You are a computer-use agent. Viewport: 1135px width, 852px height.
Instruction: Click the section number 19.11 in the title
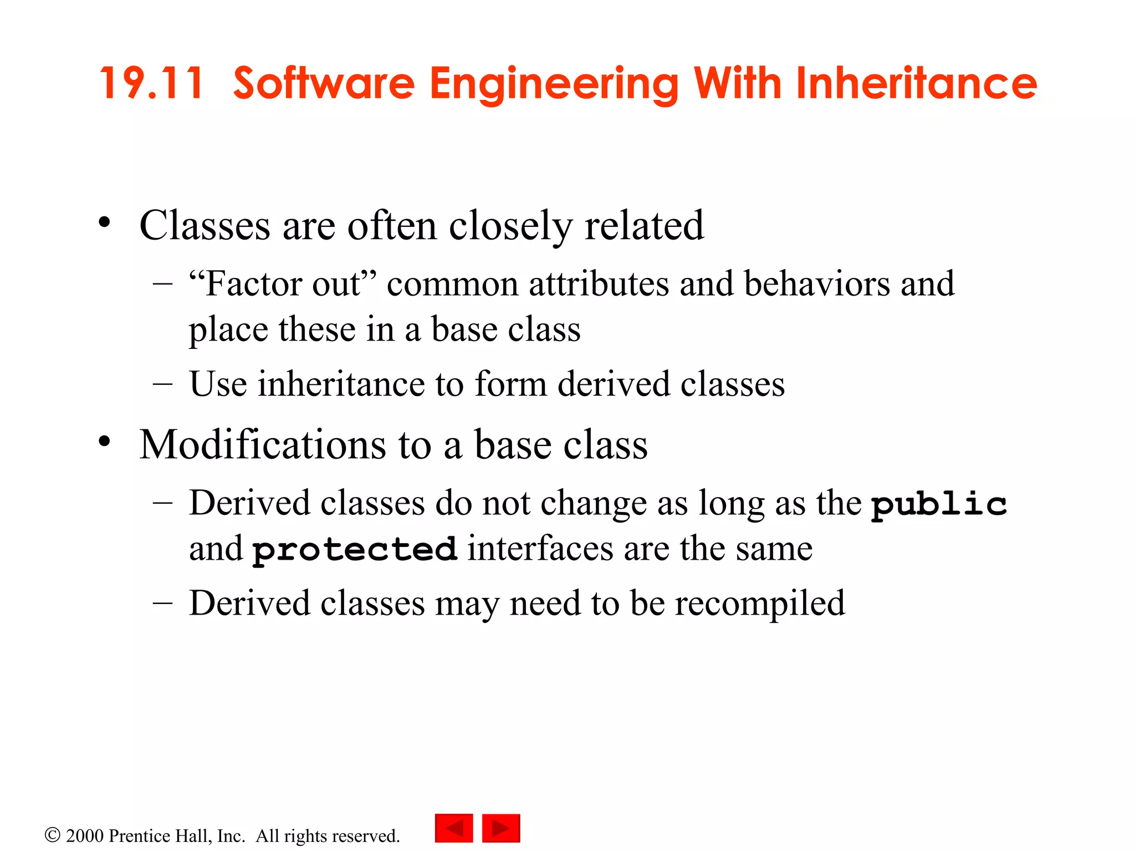point(151,83)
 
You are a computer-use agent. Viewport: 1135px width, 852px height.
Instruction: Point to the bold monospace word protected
point(355,550)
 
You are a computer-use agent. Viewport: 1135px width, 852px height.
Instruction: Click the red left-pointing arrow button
point(454,828)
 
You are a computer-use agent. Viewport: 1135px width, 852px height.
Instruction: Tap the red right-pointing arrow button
point(501,828)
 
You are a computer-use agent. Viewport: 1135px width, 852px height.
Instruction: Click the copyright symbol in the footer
point(52,835)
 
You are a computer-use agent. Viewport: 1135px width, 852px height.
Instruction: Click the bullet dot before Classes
point(104,223)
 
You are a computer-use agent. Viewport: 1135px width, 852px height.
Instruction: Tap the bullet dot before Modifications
point(104,442)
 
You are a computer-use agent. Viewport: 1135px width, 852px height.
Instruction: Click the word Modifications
point(263,445)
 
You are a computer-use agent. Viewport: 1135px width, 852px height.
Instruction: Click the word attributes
point(599,284)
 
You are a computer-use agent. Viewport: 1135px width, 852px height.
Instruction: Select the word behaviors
point(817,284)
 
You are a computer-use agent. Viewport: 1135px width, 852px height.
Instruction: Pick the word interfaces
point(540,549)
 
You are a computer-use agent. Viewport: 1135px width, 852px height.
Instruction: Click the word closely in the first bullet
point(510,226)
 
